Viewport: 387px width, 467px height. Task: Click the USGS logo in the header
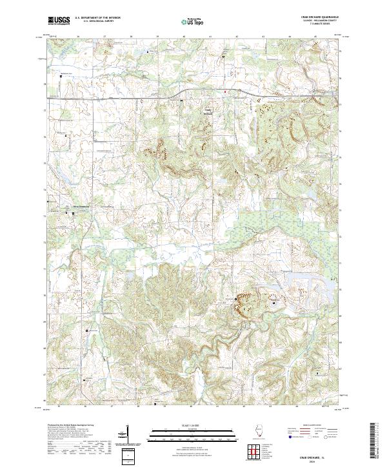click(x=58, y=19)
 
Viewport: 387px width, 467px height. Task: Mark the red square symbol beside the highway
click(x=225, y=92)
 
